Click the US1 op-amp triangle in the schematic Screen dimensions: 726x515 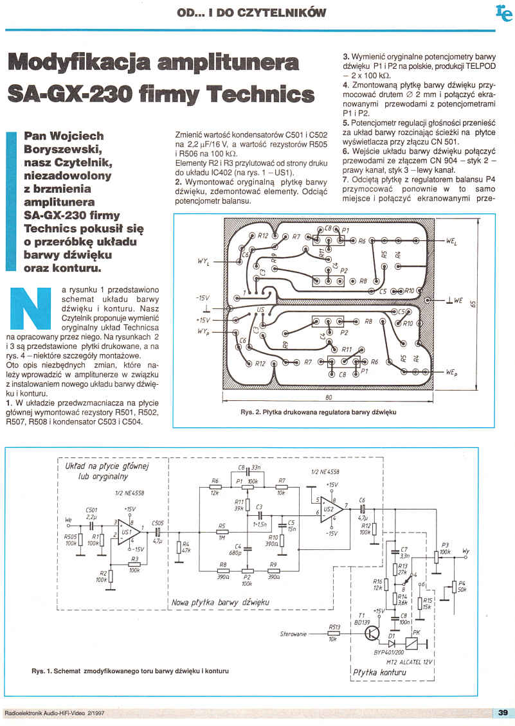[x=126, y=533]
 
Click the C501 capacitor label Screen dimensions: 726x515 [x=91, y=509]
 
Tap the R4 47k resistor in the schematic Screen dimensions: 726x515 [x=177, y=549]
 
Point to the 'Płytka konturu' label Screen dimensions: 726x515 [x=379, y=673]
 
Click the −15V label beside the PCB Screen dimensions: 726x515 [x=203, y=299]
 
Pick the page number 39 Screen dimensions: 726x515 [x=503, y=712]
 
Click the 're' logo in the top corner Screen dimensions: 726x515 [x=503, y=12]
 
